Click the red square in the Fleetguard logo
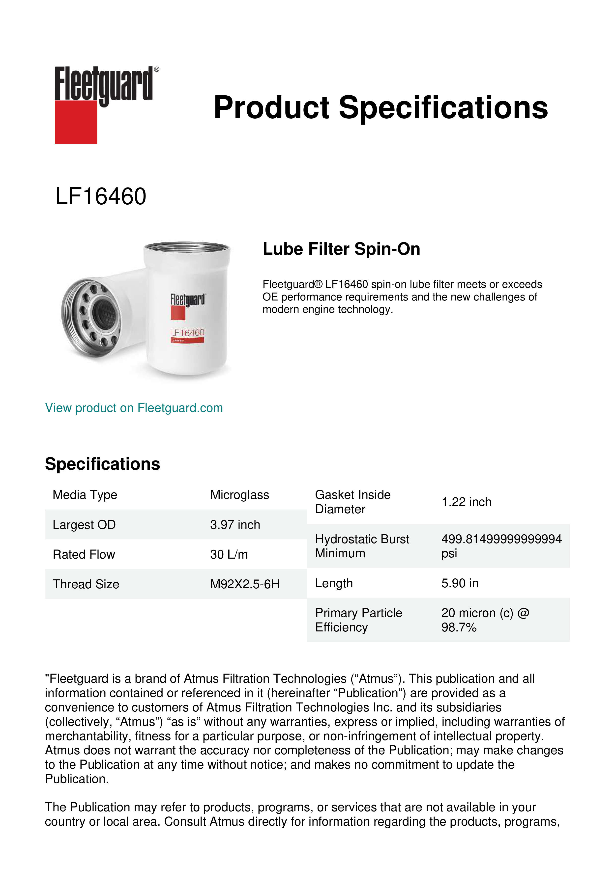point(76,122)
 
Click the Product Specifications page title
point(381,108)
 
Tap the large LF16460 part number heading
point(101,196)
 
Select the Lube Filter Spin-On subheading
point(341,249)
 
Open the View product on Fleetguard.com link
point(134,408)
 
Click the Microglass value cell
point(239,495)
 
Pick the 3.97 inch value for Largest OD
point(235,525)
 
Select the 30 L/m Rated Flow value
point(229,554)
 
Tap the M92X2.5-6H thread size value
point(245,584)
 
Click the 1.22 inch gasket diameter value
point(466,502)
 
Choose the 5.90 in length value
point(460,583)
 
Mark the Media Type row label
point(85,495)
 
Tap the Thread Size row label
point(86,584)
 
